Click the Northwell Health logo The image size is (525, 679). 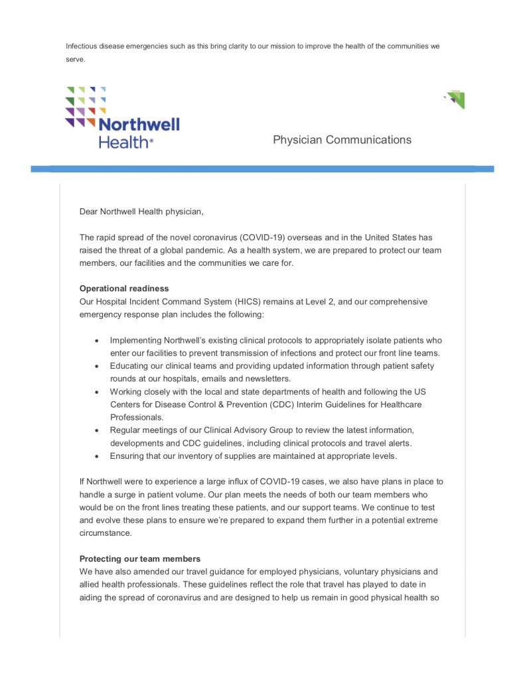122,117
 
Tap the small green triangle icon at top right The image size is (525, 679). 455,99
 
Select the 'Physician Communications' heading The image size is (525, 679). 342,140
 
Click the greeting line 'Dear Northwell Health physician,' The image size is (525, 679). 141,212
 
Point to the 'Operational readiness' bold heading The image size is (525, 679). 124,288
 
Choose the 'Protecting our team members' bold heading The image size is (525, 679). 139,559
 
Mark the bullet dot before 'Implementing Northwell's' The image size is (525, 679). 97,340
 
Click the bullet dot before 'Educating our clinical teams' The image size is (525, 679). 97,366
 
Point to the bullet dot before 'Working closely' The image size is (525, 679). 97,392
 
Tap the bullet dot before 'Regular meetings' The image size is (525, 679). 97,430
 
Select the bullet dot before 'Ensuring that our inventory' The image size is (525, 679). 97,456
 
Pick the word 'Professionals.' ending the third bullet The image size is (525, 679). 137,417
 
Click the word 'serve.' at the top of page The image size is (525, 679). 76,59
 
